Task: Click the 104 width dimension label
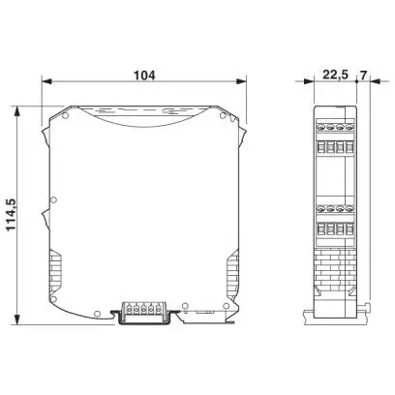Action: point(144,76)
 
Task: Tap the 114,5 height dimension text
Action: point(12,215)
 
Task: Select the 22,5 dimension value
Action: point(335,76)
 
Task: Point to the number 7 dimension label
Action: point(363,76)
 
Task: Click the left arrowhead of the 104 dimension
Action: point(46,81)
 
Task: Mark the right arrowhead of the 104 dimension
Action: point(241,81)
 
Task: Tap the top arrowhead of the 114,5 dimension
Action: point(17,111)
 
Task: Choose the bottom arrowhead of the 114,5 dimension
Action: point(17,319)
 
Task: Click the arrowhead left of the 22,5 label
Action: point(309,81)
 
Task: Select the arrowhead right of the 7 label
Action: point(376,81)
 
